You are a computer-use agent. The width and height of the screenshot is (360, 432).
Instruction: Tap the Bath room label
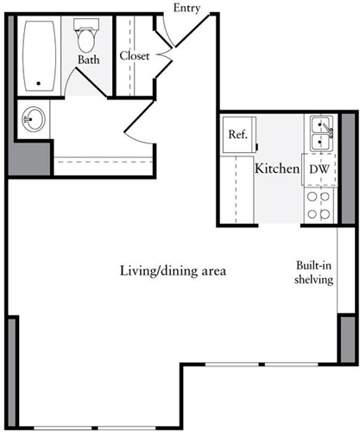click(88, 60)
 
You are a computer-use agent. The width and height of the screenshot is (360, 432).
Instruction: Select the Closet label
click(135, 55)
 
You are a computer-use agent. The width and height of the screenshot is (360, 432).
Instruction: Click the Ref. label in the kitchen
click(237, 135)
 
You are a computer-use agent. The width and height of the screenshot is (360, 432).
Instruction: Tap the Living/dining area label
click(173, 271)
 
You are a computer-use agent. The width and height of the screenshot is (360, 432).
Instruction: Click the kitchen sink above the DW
click(319, 134)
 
